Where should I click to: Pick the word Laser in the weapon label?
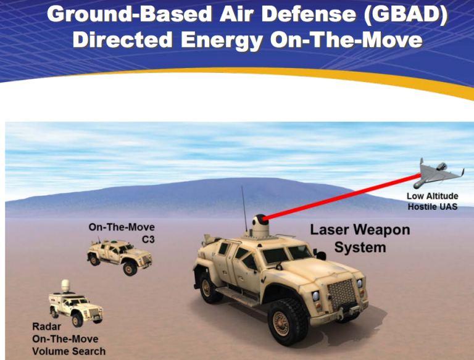click(330, 231)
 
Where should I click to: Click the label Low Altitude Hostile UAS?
click(432, 201)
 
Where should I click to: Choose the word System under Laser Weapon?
click(360, 248)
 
